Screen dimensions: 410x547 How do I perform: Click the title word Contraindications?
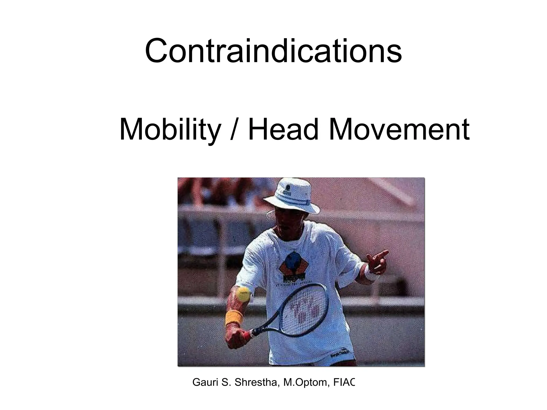[x=273, y=51]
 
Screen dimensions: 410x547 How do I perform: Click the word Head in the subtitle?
[x=283, y=130]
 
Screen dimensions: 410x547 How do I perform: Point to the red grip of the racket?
[x=247, y=335]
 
